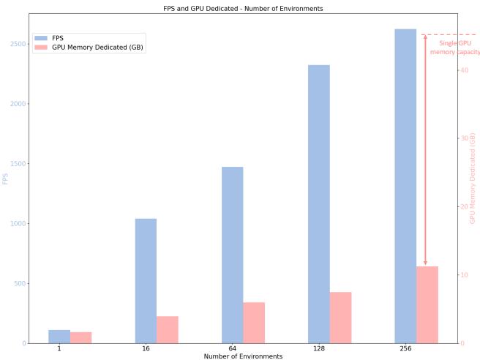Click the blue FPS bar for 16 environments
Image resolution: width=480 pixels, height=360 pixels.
pyautogui.click(x=146, y=281)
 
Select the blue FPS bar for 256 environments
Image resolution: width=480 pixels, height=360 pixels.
pyautogui.click(x=405, y=186)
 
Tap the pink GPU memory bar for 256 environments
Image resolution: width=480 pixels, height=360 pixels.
pyautogui.click(x=427, y=304)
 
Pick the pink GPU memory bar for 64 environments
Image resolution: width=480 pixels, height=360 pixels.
pyautogui.click(x=254, y=323)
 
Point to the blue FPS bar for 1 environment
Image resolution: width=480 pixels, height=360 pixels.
pyautogui.click(x=59, y=337)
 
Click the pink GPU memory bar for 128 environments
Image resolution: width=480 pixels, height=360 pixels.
pyautogui.click(x=340, y=318)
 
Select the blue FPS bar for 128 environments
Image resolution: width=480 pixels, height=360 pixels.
pyautogui.click(x=319, y=204)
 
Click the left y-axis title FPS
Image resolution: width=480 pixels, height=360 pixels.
pyautogui.click(x=5, y=178)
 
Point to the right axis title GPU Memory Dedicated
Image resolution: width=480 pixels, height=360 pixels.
pyautogui.click(x=473, y=178)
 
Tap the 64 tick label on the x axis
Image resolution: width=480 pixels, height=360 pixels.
pyautogui.click(x=233, y=349)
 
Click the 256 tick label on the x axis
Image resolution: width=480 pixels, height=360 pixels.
pyautogui.click(x=405, y=349)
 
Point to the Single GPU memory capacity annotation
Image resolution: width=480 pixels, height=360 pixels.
pyautogui.click(x=454, y=48)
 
